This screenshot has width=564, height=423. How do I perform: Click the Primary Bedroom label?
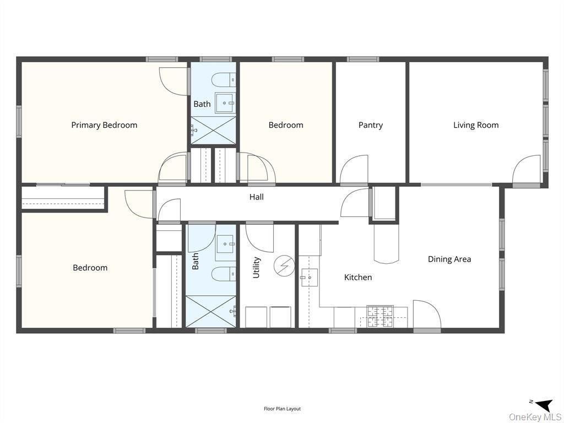(104, 125)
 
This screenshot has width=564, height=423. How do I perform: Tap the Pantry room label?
(371, 125)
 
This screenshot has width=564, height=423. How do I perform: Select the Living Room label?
(476, 125)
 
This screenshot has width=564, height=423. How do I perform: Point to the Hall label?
(256, 197)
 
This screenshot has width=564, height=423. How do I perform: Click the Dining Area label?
(449, 259)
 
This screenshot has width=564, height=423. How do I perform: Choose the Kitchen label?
(358, 277)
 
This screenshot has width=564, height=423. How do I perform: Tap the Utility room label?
(256, 267)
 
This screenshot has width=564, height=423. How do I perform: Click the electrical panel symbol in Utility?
(284, 267)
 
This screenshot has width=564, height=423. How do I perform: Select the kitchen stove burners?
(380, 317)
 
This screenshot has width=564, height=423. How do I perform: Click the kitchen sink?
(308, 278)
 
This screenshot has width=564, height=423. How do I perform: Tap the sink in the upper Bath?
(225, 103)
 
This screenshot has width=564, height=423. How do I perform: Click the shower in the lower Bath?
(211, 312)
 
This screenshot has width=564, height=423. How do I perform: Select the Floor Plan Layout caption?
(282, 409)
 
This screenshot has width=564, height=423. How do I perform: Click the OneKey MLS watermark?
(534, 417)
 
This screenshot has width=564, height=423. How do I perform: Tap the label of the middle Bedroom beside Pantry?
(286, 125)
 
